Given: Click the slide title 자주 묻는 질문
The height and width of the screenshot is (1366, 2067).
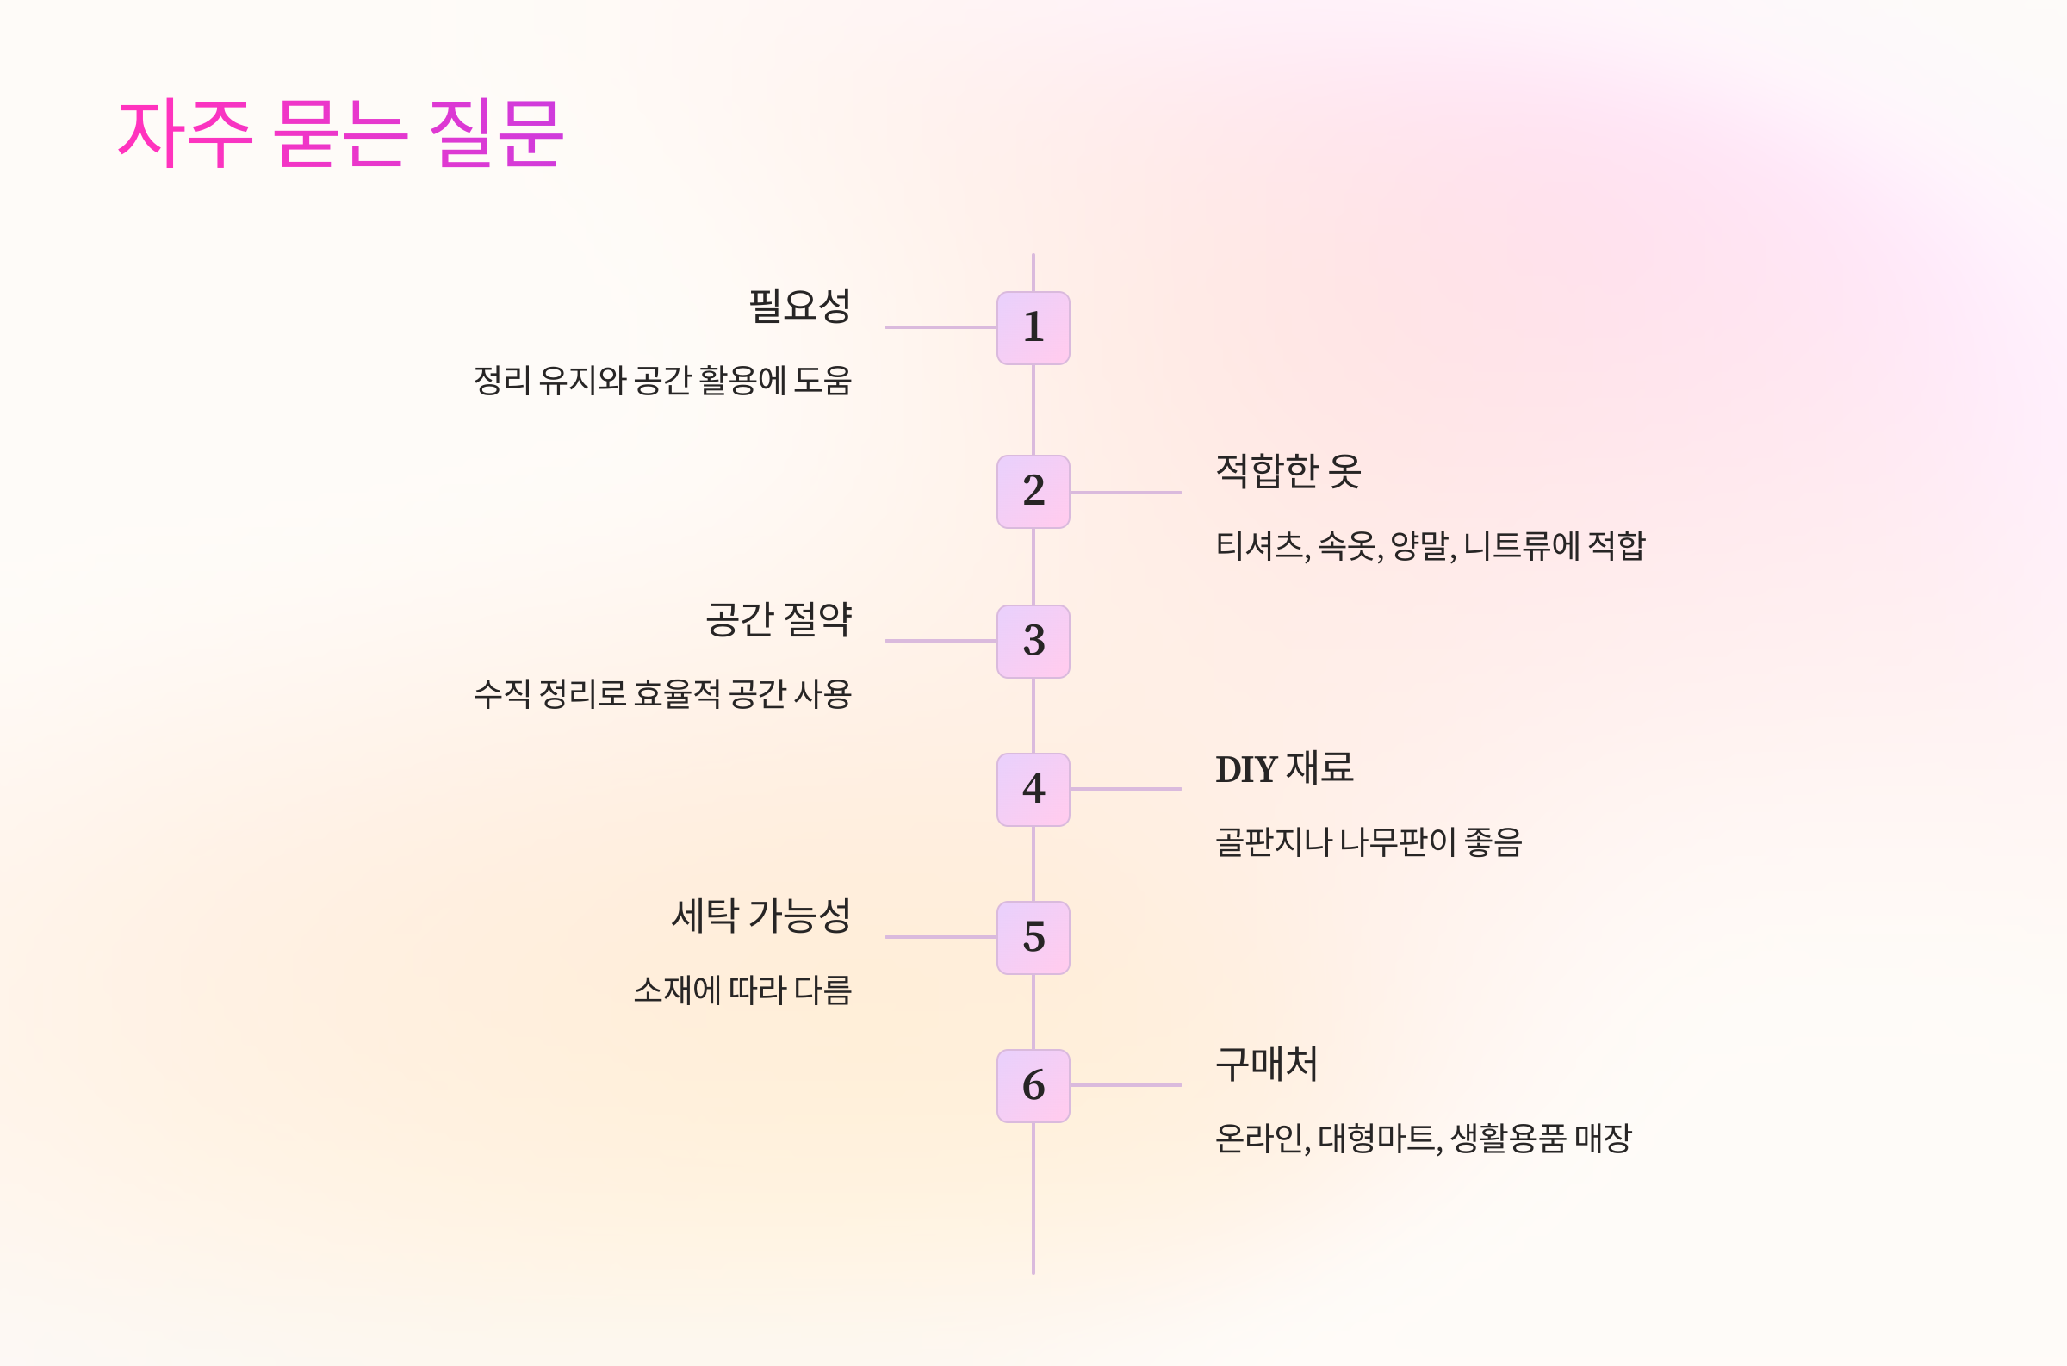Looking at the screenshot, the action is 340,133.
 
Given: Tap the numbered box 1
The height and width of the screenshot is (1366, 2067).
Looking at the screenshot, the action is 1033,327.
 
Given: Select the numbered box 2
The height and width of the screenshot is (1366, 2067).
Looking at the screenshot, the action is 1033,491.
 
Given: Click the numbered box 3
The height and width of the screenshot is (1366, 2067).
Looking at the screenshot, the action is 1033,641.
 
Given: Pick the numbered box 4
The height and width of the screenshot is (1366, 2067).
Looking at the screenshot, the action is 1033,789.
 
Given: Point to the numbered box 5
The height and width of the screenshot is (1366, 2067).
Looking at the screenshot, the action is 1033,937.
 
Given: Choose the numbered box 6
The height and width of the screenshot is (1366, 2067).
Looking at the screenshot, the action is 1033,1085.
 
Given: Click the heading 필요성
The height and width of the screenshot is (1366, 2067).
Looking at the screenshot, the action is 799,306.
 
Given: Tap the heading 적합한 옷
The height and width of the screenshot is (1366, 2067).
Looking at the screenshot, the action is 1288,471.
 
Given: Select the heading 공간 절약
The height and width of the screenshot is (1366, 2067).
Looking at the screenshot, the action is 778,619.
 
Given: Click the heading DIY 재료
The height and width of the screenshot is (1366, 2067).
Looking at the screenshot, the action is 1284,768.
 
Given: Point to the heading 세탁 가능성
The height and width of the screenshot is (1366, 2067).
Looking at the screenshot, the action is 760,916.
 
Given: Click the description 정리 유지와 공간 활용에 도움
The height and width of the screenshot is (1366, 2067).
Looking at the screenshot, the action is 662,381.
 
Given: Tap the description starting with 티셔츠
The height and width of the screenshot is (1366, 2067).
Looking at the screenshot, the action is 1430,546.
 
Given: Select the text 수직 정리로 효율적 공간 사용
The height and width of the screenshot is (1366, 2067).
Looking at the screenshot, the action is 662,694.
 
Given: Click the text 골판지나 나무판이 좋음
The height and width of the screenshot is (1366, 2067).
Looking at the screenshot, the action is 1368,842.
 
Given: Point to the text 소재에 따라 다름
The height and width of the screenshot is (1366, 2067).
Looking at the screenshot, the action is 742,990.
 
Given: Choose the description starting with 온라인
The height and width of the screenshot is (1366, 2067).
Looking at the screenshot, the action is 1423,1139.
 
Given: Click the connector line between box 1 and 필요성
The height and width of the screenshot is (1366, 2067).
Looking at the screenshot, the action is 940,327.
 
